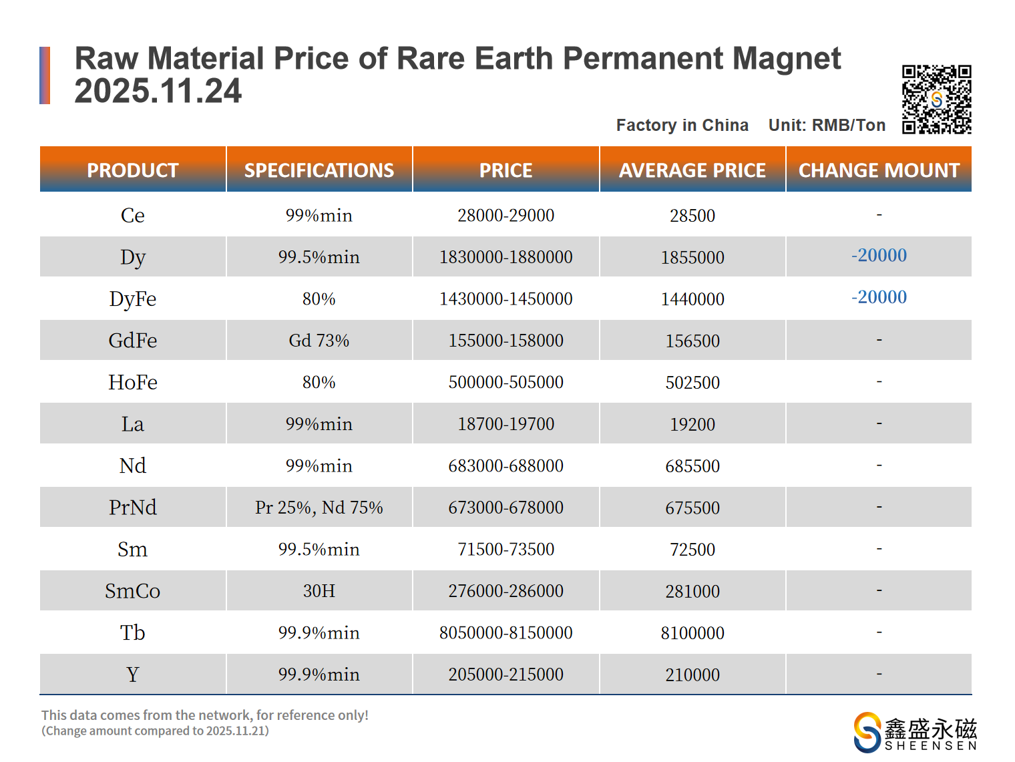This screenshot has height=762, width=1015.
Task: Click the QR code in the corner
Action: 936,100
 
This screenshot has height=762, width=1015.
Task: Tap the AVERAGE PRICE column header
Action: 692,170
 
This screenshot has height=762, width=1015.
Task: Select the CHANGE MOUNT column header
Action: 879,170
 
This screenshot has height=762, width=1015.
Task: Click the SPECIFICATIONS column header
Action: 319,170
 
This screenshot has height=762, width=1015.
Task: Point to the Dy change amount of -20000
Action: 879,255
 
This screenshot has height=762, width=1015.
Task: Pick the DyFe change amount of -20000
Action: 879,297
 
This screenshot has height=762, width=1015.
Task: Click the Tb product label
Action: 132,632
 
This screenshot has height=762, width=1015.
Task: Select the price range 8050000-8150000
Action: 505,632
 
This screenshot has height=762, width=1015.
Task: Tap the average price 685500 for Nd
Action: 692,466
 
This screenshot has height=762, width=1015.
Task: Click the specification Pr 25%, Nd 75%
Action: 319,508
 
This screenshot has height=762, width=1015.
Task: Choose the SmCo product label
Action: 132,591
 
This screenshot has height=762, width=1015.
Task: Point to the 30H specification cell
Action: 319,591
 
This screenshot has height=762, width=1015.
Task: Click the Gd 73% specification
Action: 319,341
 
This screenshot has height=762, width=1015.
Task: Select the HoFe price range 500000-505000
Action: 505,382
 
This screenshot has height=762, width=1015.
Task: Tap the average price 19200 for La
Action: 692,424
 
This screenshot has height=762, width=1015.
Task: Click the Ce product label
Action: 132,215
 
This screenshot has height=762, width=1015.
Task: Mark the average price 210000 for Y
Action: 692,675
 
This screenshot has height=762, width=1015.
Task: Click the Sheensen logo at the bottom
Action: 915,733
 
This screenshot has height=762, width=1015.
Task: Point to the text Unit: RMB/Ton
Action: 827,125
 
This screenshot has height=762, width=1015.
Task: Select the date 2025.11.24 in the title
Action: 158,91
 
